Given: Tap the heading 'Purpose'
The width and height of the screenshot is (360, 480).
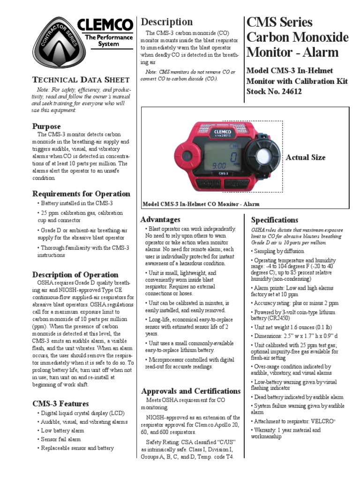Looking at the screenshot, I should click(46, 126).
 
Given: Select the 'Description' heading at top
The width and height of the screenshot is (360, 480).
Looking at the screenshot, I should click(167, 22).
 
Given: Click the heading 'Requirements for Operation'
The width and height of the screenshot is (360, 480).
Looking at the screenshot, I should click(81, 194).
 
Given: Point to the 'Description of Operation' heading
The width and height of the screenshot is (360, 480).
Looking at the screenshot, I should click(75, 274).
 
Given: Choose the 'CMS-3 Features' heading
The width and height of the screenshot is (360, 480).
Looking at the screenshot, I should click(60, 403).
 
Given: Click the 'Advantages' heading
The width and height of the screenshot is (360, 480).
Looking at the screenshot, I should click(160, 219).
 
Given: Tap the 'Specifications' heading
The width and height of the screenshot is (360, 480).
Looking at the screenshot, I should click(274, 219).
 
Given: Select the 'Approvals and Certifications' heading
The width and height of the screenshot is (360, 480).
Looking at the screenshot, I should click(191, 391).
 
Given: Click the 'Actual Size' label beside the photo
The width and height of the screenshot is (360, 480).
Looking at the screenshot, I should click(305, 157).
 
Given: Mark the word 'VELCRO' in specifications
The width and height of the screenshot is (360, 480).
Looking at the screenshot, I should click(322, 421).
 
